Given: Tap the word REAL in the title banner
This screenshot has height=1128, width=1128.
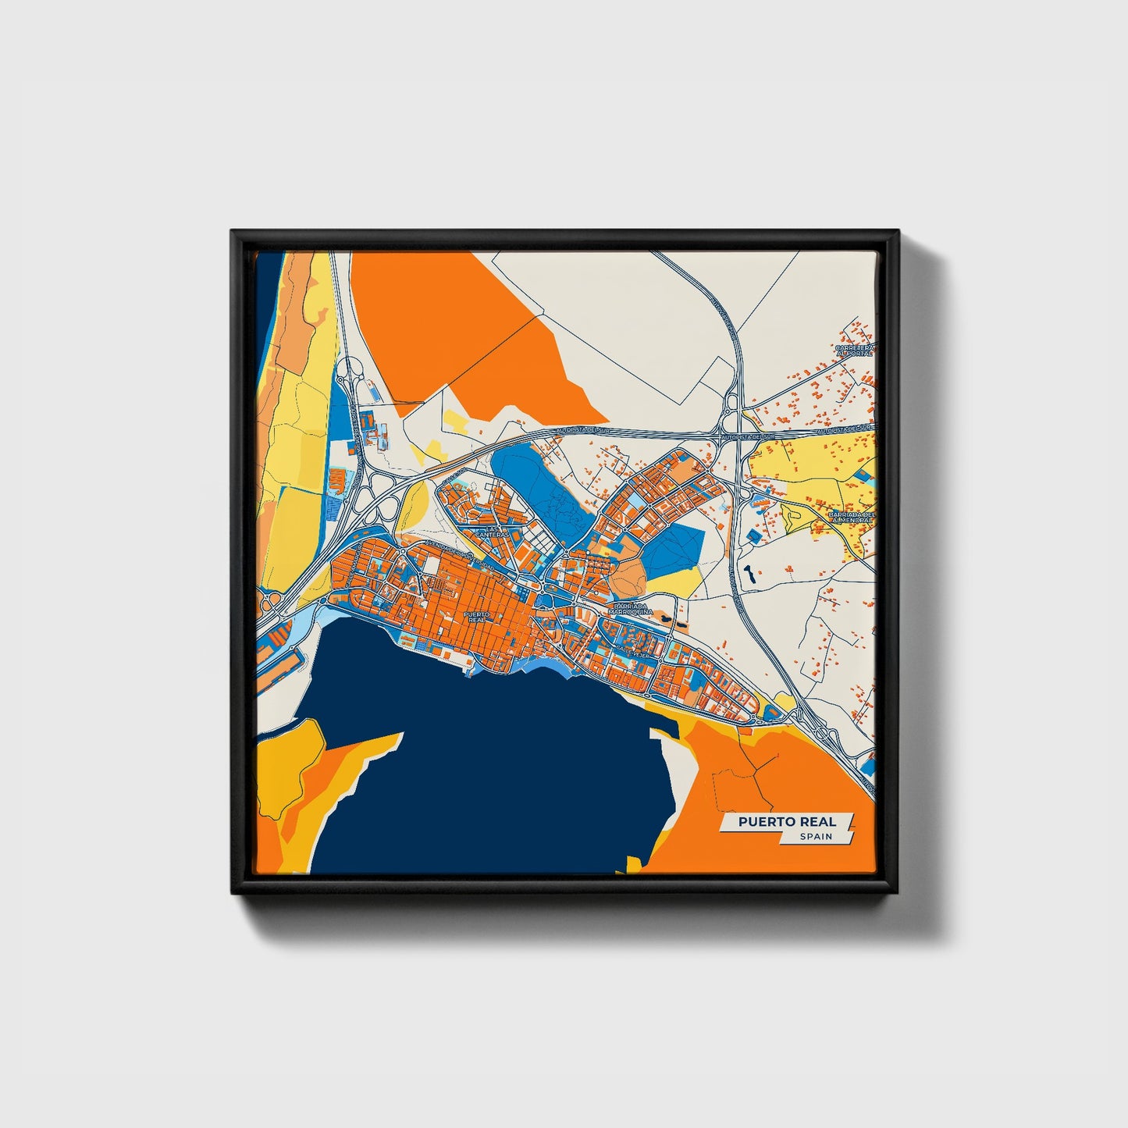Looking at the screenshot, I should point(817,821).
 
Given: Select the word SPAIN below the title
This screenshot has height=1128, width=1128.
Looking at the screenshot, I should point(815,836).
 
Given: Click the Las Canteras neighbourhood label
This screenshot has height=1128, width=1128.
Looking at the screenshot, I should point(493,531).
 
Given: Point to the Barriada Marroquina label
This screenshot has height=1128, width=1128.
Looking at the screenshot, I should point(632,609).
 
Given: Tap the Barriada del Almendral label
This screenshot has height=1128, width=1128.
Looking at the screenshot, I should point(855,518).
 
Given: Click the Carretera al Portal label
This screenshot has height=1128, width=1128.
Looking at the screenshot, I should point(855,350).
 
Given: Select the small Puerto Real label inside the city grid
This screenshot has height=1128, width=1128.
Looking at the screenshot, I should point(476,616).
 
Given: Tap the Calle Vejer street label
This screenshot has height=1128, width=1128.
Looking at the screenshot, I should point(631,647).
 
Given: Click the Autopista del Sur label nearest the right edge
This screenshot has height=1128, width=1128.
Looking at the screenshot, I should point(843,429).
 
